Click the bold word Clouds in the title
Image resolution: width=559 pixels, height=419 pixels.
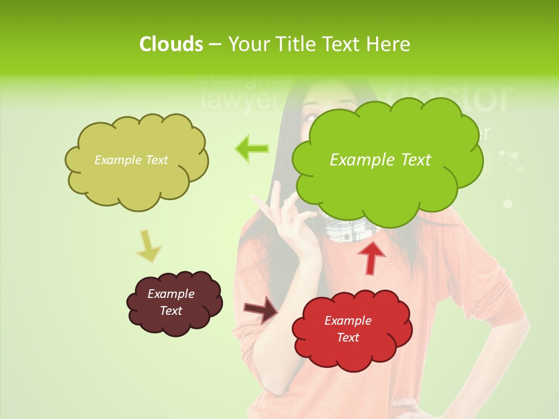(x=171, y=44)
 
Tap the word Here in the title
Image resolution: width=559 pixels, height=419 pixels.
(x=389, y=44)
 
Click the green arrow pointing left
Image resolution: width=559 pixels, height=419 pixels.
(x=252, y=149)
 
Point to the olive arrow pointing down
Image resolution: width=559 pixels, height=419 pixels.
(x=148, y=245)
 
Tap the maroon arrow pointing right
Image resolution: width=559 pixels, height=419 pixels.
(x=260, y=310)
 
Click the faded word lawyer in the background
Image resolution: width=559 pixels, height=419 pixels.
(x=239, y=100)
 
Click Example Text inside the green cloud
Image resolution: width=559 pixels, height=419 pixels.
(x=380, y=159)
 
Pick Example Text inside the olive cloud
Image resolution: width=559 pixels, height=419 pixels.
(x=131, y=160)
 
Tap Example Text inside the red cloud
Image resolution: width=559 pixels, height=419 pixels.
(x=348, y=329)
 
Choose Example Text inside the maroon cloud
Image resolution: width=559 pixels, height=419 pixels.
(x=171, y=302)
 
